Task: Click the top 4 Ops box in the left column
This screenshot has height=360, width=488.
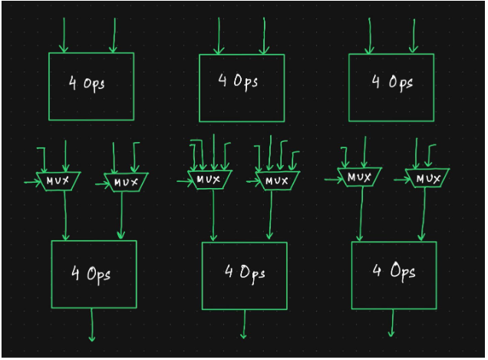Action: [91, 86]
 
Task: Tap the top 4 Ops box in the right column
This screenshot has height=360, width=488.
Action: [391, 87]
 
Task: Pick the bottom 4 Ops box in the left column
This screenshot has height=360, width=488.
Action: [94, 273]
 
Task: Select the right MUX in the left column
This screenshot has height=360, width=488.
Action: [125, 182]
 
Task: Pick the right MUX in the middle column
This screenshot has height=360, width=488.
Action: [274, 181]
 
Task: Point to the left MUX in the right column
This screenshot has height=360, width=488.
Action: [359, 177]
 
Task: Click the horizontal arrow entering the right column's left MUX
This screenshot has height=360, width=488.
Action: [333, 179]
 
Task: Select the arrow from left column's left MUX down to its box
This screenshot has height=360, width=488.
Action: [65, 215]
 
